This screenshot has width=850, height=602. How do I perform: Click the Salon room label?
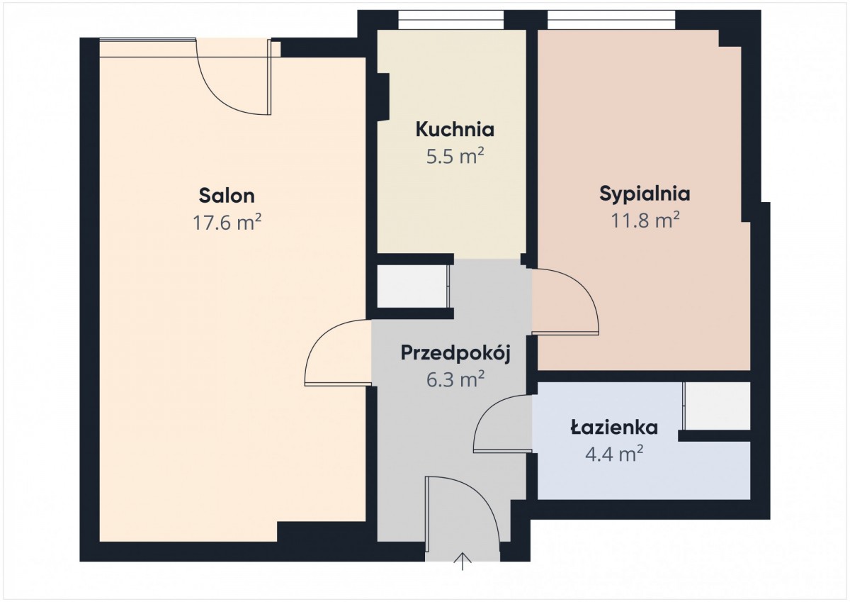(x=227, y=196)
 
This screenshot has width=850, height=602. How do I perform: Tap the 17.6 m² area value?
(x=227, y=222)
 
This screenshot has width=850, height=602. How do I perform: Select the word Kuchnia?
(x=455, y=130)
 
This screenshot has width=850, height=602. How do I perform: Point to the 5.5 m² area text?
(x=455, y=156)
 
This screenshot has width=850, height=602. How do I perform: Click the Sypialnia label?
(x=645, y=194)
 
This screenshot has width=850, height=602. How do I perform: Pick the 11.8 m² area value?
(x=645, y=220)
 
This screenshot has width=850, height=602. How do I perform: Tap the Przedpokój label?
(x=455, y=353)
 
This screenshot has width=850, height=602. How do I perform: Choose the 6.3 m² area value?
(x=455, y=379)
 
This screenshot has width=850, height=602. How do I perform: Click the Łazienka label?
(x=614, y=428)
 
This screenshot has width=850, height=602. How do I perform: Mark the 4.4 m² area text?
(x=614, y=454)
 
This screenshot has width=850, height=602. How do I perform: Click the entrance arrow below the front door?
(x=463, y=562)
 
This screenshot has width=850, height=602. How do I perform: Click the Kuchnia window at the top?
(x=450, y=20)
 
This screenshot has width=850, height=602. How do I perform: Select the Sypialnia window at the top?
(x=611, y=20)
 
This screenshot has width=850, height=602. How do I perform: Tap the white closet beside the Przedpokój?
(x=412, y=286)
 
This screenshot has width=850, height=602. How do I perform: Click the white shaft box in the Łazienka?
(x=717, y=406)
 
